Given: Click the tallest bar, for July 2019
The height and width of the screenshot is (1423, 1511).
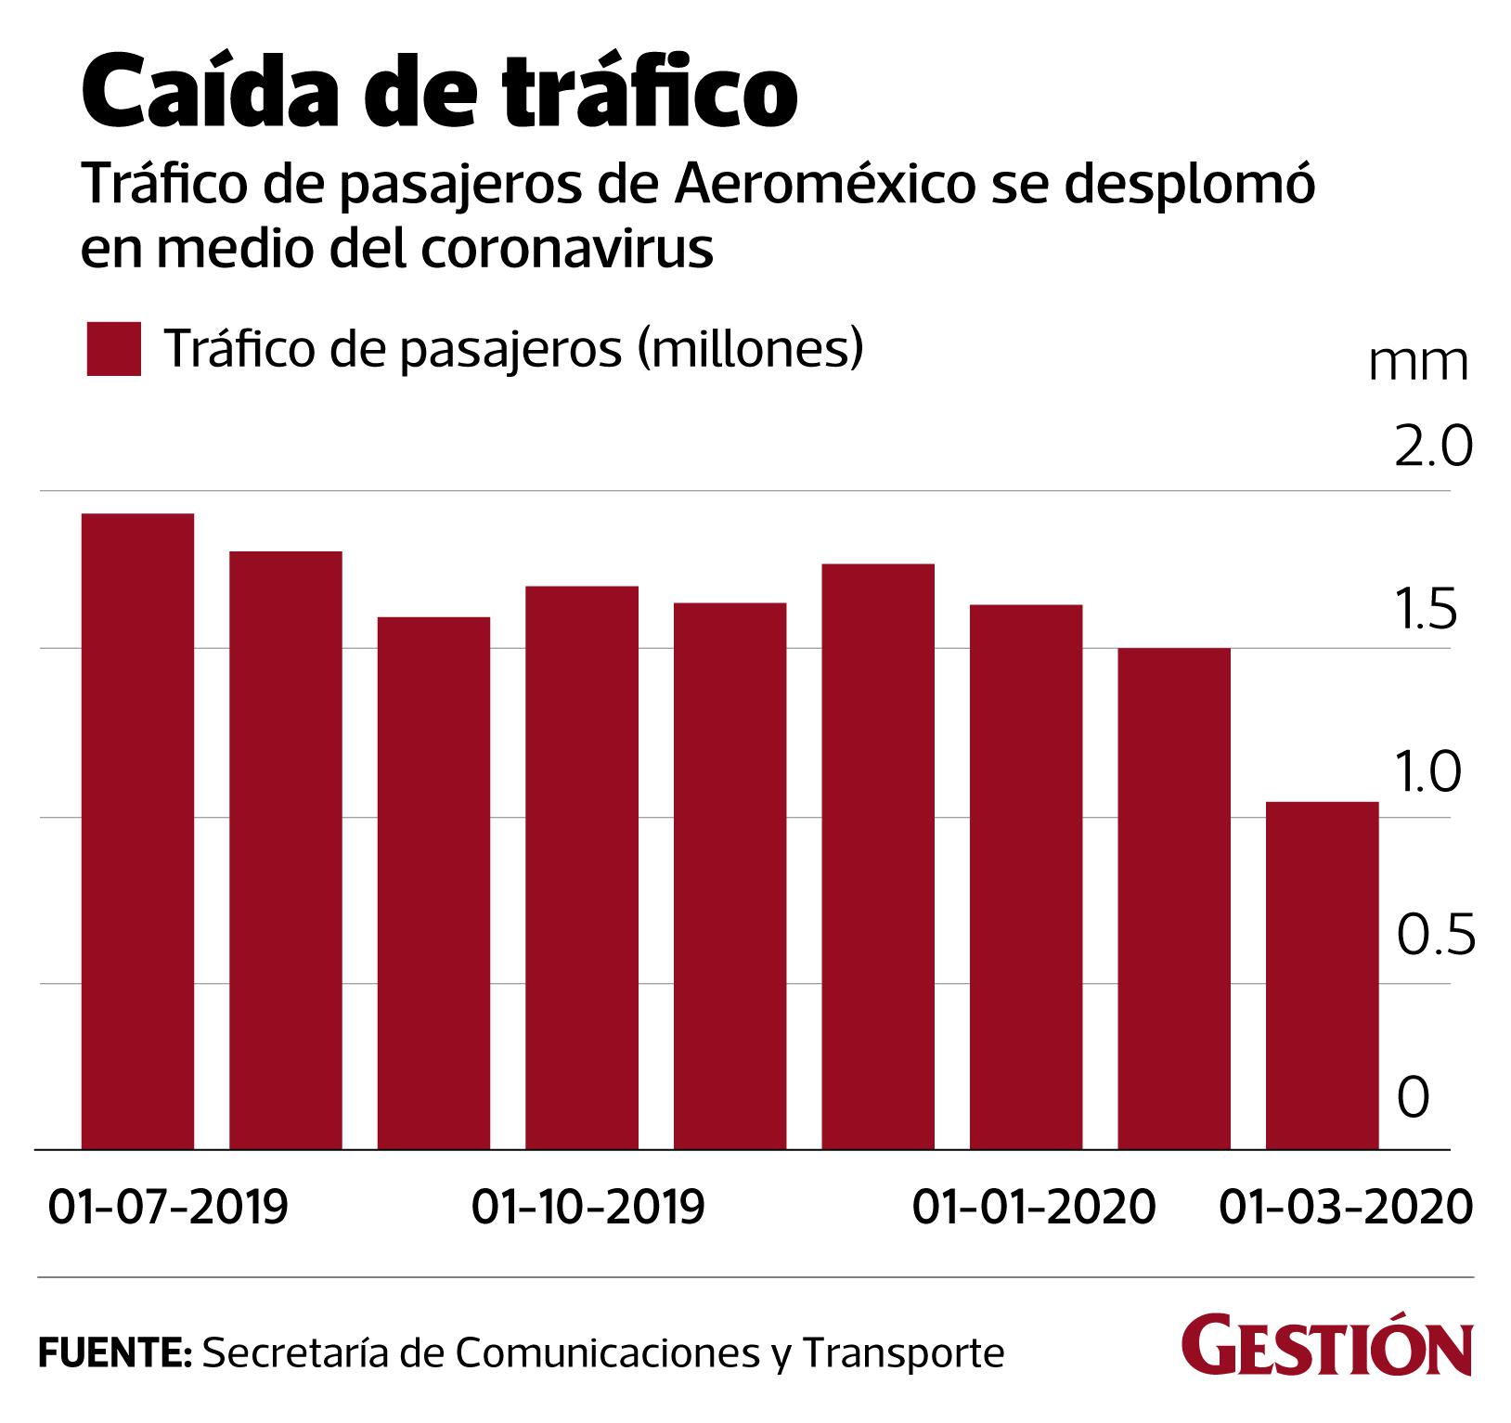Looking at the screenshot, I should pyautogui.click(x=137, y=831).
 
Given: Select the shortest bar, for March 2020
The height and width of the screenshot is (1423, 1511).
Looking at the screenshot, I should pyautogui.click(x=1322, y=975).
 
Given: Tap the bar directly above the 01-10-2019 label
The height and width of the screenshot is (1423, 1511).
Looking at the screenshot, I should pyautogui.click(x=582, y=867).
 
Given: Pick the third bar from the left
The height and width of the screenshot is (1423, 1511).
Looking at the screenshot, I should pyautogui.click(x=433, y=883).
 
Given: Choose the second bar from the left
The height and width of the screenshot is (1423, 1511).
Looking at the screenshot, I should pyautogui.click(x=286, y=849).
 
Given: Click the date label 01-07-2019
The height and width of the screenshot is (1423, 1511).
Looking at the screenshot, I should pyautogui.click(x=168, y=1207).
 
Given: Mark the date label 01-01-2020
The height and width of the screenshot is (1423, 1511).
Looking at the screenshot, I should pyautogui.click(x=1034, y=1207).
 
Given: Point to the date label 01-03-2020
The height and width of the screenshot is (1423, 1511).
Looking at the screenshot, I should pyautogui.click(x=1345, y=1207).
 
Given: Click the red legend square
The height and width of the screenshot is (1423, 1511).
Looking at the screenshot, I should pyautogui.click(x=113, y=349).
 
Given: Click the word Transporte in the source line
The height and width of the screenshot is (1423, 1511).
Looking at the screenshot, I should pyautogui.click(x=903, y=1353).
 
